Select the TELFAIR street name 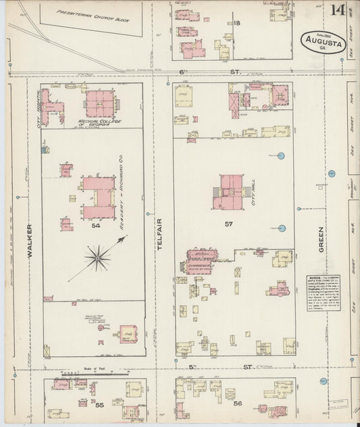pos(160,238)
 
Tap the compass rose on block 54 pos(99,257)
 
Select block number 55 pos(99,405)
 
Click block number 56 pos(238,403)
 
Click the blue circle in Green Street pos(332,174)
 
